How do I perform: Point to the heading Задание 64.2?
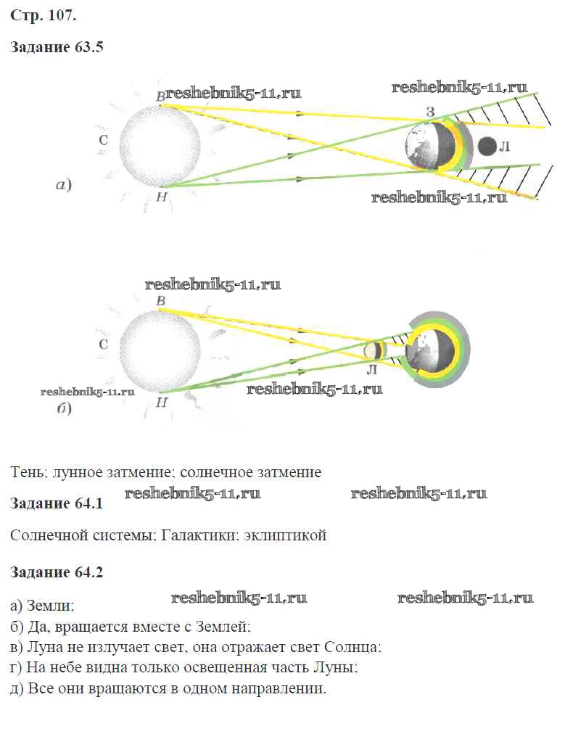[x=57, y=572]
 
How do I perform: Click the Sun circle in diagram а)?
[x=160, y=144]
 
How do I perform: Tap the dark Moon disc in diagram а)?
[x=487, y=147]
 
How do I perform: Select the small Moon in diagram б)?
[x=374, y=350]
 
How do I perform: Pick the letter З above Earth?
[x=430, y=112]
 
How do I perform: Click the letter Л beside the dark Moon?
[x=506, y=147]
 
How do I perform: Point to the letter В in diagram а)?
[x=160, y=95]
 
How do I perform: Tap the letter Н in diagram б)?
[x=162, y=400]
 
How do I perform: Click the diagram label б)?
[x=64, y=410]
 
